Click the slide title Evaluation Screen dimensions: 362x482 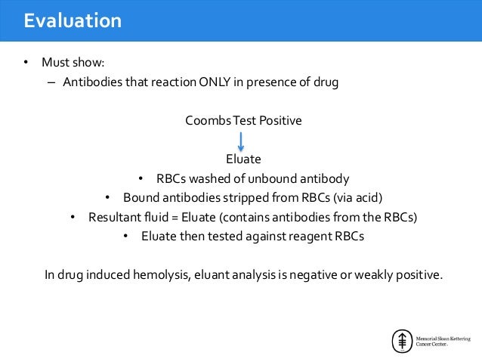73,20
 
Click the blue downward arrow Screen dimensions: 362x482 242,141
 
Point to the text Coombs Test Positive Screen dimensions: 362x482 243,121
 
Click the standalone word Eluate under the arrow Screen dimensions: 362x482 243,159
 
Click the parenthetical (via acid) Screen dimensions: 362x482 358,199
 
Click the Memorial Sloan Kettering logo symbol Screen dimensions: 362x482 400,341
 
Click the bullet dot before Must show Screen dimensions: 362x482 25,62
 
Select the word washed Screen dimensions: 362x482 203,179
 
